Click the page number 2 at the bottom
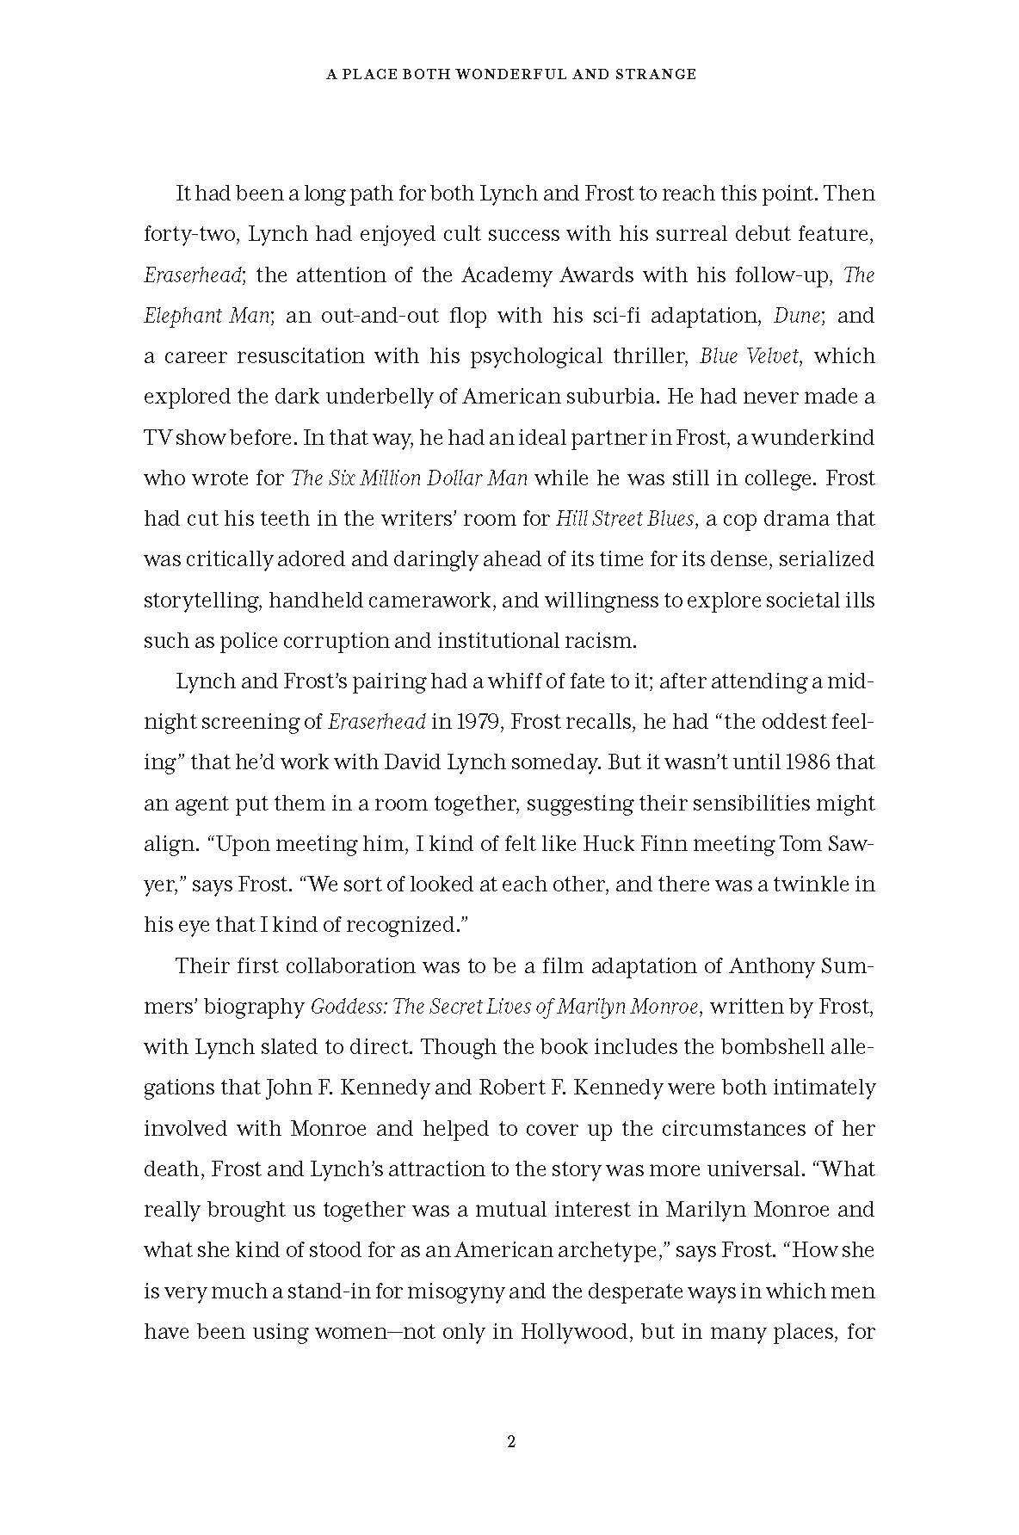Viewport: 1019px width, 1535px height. click(x=510, y=1442)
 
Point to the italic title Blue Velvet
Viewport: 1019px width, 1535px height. click(x=751, y=356)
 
